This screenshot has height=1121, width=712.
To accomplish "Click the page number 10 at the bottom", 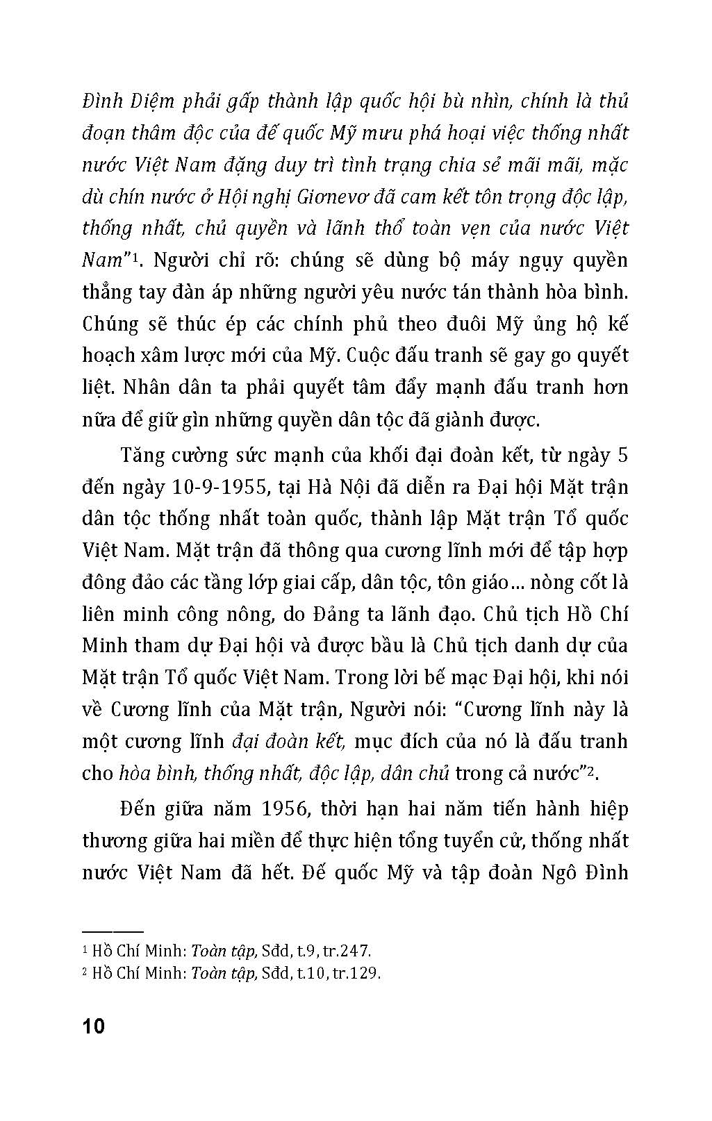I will coord(93,1026).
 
